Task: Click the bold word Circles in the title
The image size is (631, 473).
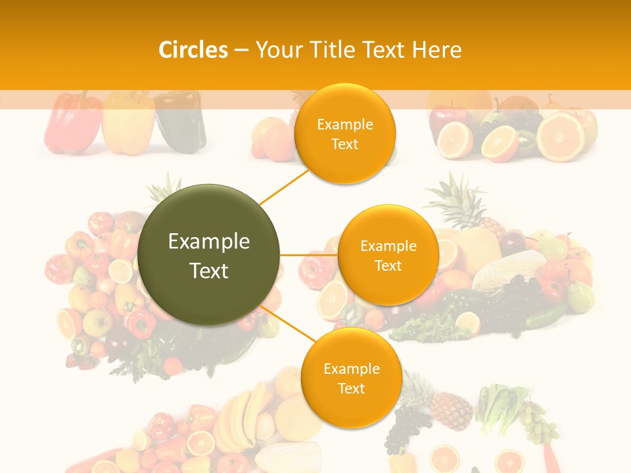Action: [x=193, y=50]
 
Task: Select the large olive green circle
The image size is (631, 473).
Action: [x=209, y=255]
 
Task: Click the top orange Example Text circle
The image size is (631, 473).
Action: [x=345, y=133]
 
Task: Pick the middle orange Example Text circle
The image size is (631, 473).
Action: [x=388, y=255]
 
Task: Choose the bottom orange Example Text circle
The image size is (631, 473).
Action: [x=352, y=378]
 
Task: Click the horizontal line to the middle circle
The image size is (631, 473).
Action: [x=308, y=255]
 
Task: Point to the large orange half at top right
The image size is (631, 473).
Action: [x=561, y=137]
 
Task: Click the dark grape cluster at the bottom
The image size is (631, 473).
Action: [x=402, y=427]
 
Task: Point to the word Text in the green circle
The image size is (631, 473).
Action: [x=209, y=270]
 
